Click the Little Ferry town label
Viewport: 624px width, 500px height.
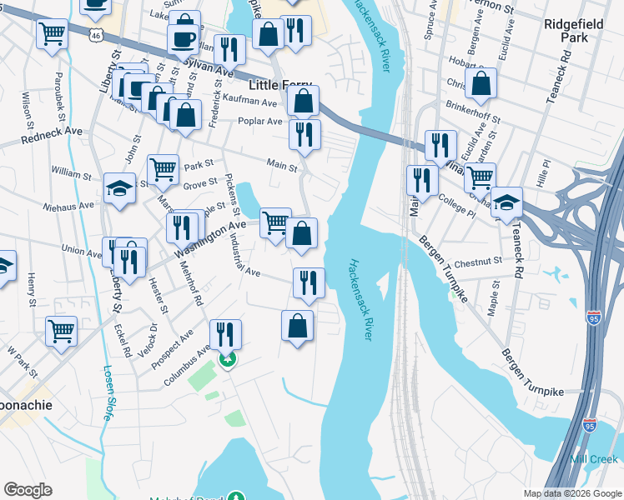(279, 86)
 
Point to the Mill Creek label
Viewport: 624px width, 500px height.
(594, 459)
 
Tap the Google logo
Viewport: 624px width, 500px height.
(28, 490)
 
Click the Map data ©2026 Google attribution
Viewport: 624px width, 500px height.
(571, 493)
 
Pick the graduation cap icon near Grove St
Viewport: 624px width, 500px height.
(120, 188)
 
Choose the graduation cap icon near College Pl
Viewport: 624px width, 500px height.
(506, 202)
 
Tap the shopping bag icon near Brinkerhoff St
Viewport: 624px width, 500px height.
(481, 83)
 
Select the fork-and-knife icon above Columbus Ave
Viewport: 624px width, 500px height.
(225, 334)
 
